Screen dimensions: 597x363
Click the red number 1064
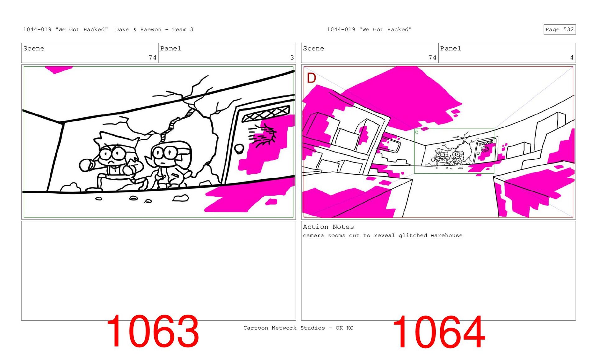pos(439,332)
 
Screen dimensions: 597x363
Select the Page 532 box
pos(560,29)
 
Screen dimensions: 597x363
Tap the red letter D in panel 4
pos(311,78)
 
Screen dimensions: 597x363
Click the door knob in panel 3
pos(239,148)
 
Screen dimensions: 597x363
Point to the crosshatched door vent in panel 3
pos(266,113)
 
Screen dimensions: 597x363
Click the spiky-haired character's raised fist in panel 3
pos(86,165)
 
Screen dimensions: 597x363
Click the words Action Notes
pos(328,227)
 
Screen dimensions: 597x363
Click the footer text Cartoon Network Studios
pos(284,328)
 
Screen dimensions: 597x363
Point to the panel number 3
pos(292,58)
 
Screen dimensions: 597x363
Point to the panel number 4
pos(572,58)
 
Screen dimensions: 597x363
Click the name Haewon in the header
pos(151,30)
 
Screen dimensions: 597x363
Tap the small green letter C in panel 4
pos(417,132)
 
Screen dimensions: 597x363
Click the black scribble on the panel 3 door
pos(262,135)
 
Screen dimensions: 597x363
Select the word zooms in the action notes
pos(336,235)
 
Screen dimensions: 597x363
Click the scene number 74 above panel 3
pos(152,58)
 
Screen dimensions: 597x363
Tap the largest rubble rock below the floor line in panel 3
pos(181,198)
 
